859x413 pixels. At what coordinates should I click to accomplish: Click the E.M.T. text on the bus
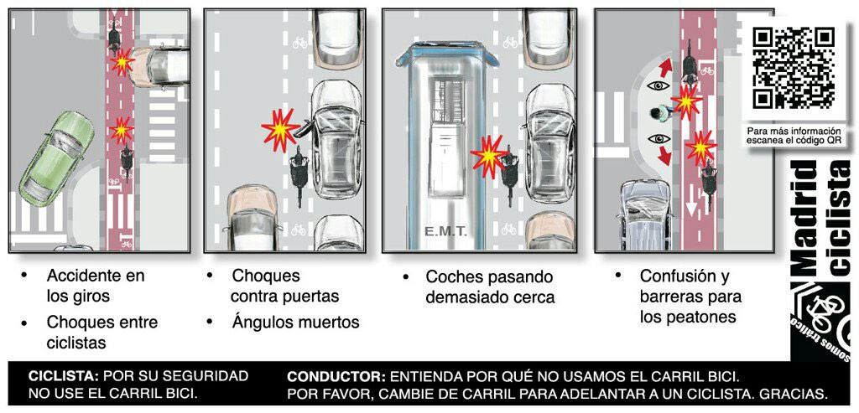pos(445,230)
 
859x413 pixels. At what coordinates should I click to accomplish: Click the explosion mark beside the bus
pos(487,155)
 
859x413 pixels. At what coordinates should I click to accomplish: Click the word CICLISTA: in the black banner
pos(64,376)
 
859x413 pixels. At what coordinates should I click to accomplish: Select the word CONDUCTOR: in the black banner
pos(336,376)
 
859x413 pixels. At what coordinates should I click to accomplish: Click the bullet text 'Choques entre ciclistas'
pos(101,332)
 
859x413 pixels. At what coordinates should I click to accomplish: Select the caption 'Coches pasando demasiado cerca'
pos(489,287)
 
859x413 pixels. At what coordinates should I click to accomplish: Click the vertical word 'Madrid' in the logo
pos(805,218)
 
